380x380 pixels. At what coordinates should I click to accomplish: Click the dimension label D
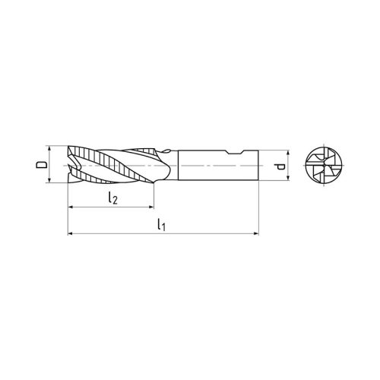click(x=42, y=165)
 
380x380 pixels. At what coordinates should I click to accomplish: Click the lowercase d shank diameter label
click(x=280, y=166)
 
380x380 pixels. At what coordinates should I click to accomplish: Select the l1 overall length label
click(x=160, y=226)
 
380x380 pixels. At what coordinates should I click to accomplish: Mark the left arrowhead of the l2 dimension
click(x=71, y=207)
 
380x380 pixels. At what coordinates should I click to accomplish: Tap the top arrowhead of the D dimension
click(x=49, y=149)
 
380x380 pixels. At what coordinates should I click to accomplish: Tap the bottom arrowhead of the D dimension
click(x=49, y=181)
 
